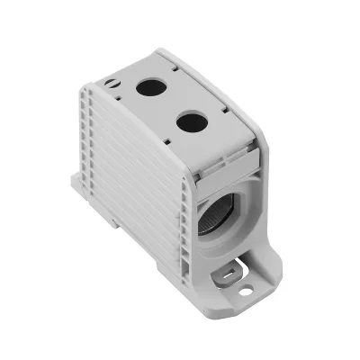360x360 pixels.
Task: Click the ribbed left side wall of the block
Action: (135, 180)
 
